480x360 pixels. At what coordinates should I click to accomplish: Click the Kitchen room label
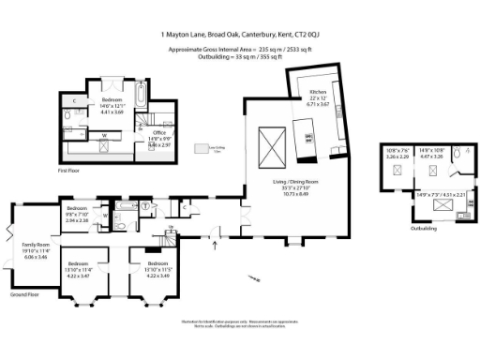tap(318, 93)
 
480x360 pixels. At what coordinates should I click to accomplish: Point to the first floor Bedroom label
tap(112, 99)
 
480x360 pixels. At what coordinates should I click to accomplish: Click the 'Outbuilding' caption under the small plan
tap(423, 228)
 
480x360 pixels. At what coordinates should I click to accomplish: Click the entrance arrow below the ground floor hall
tap(216, 246)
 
